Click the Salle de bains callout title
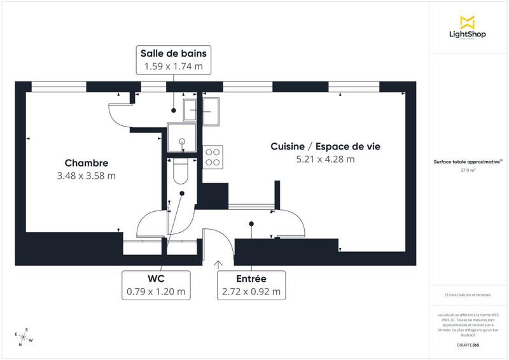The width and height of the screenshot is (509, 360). click(x=173, y=53)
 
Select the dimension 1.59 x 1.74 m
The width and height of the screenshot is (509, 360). click(x=173, y=66)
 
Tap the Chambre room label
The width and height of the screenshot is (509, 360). click(x=86, y=163)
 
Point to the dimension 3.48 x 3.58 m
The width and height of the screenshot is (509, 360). click(x=86, y=176)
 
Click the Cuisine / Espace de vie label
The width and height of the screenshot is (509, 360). click(x=325, y=146)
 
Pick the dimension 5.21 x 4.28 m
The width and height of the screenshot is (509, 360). click(x=325, y=160)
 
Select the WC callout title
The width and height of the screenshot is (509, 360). click(x=156, y=279)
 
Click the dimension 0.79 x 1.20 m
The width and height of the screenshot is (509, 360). click(x=156, y=292)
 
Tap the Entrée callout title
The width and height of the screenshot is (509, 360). click(x=251, y=279)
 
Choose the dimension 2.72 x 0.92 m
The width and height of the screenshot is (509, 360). click(x=251, y=292)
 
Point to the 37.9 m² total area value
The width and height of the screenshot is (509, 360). click(x=468, y=170)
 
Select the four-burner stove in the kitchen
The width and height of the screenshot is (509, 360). click(x=213, y=156)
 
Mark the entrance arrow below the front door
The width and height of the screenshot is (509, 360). click(x=219, y=264)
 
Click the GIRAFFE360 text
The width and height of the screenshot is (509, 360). click(x=468, y=343)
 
